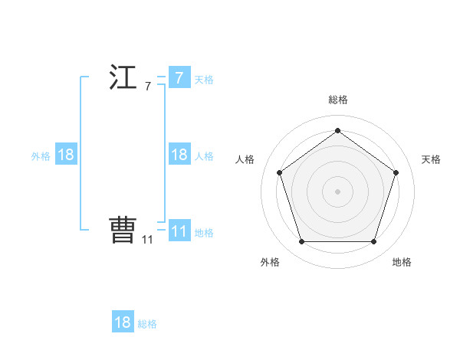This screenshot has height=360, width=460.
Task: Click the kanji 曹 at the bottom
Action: (x=123, y=230)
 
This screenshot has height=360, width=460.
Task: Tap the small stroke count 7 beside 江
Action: (x=147, y=87)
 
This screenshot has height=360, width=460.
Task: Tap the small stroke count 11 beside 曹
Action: (x=147, y=239)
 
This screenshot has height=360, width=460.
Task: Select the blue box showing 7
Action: (x=179, y=78)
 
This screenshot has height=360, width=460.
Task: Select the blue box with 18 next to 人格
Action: (x=179, y=155)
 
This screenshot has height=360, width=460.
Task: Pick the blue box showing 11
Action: (x=179, y=231)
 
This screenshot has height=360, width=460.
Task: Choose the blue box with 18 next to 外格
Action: (x=66, y=155)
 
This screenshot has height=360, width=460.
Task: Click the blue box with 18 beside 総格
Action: (x=123, y=322)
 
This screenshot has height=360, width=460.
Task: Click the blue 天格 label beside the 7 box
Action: (x=204, y=80)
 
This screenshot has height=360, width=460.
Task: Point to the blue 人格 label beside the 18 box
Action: (x=204, y=156)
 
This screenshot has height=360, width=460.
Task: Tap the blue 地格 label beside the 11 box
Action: (x=204, y=233)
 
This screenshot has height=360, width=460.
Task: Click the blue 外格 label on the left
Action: (x=41, y=156)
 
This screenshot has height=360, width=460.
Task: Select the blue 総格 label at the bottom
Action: (x=147, y=324)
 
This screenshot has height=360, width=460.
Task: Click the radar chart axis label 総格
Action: (x=337, y=100)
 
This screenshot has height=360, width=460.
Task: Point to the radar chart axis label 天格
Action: (x=432, y=159)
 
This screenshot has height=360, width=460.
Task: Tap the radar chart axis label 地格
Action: (x=402, y=262)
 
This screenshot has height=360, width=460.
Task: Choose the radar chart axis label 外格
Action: (x=270, y=262)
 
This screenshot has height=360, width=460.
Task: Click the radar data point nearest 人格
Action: (x=279, y=172)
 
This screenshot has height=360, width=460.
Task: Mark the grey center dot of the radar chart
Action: (x=337, y=191)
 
